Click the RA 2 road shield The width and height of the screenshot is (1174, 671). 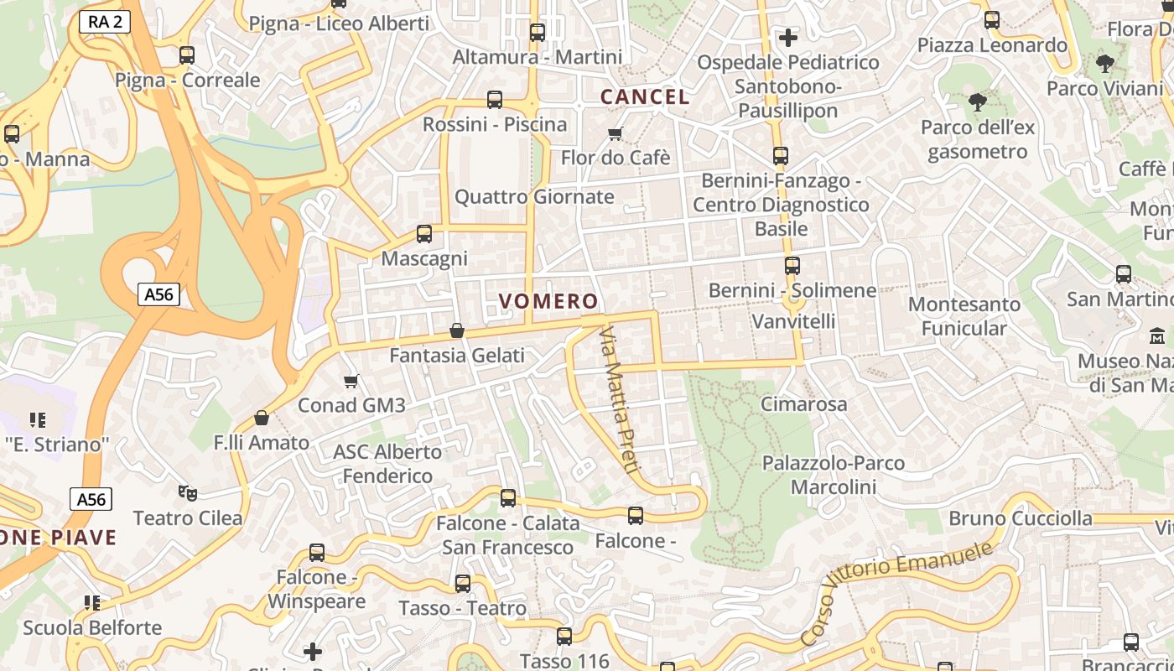click(x=105, y=22)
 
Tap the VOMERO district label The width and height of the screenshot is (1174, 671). click(x=549, y=301)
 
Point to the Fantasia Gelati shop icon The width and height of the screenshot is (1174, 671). click(x=457, y=331)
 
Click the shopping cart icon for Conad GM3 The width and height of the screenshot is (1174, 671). click(x=351, y=382)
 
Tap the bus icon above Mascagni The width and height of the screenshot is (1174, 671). click(x=424, y=234)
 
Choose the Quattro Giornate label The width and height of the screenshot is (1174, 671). click(x=534, y=197)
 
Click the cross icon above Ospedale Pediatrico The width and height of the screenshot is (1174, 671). click(x=787, y=38)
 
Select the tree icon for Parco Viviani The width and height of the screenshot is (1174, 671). click(x=1105, y=63)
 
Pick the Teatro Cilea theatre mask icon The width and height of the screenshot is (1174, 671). click(x=188, y=493)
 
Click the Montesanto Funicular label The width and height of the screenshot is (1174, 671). click(x=964, y=315)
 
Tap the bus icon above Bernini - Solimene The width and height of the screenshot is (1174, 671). click(x=792, y=266)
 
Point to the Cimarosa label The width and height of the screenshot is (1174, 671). click(x=803, y=403)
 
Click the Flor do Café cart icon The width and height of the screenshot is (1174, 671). click(x=616, y=133)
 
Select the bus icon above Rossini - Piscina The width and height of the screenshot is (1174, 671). click(x=495, y=100)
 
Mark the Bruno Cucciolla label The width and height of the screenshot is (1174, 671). click(x=1021, y=518)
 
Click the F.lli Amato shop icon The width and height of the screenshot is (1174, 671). click(x=262, y=418)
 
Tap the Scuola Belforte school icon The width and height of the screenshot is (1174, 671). click(x=92, y=602)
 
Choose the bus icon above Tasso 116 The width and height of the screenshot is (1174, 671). click(x=564, y=637)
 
